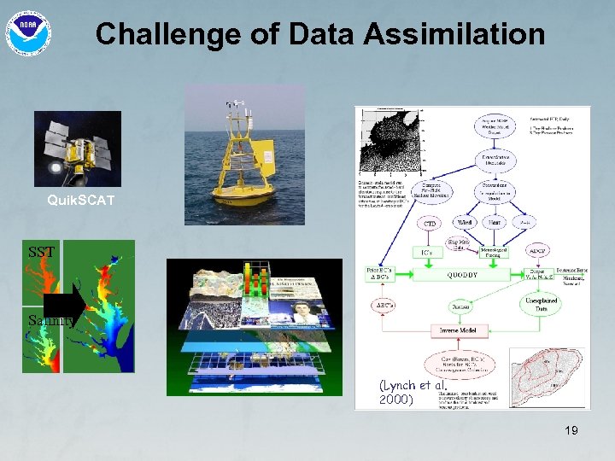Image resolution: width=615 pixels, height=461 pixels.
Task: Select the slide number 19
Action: (x=571, y=430)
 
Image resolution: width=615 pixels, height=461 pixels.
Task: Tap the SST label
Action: (x=41, y=253)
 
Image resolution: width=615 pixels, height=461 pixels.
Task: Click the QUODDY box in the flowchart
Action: (x=461, y=275)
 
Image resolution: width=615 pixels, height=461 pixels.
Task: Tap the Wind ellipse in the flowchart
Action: (x=466, y=222)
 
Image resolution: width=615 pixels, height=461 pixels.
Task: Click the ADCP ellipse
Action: (x=537, y=251)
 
